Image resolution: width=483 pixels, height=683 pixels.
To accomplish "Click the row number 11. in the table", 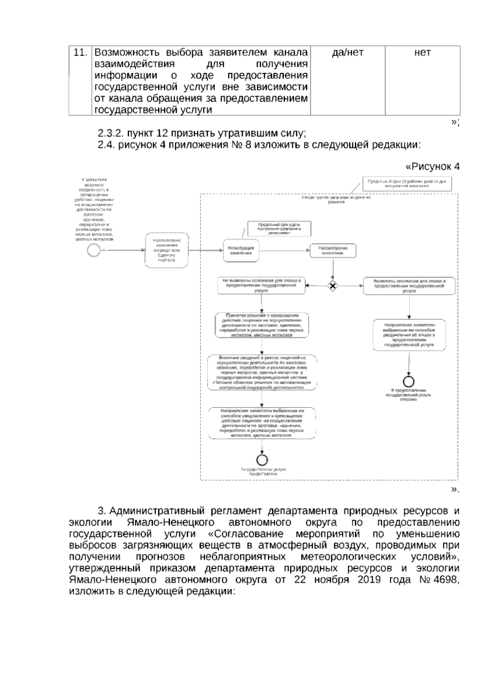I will click(80, 53).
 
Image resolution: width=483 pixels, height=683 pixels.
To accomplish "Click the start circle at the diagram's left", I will click(93, 250).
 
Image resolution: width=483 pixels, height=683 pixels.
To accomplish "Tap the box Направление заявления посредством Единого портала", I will click(167, 250).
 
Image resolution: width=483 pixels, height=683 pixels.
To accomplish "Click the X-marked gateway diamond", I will click(333, 286).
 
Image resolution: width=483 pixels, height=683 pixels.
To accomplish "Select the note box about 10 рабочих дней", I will click(406, 184).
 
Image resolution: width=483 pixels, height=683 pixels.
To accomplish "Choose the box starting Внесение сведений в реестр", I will click(262, 373).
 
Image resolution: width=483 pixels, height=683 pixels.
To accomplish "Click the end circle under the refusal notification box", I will click(409, 381).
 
